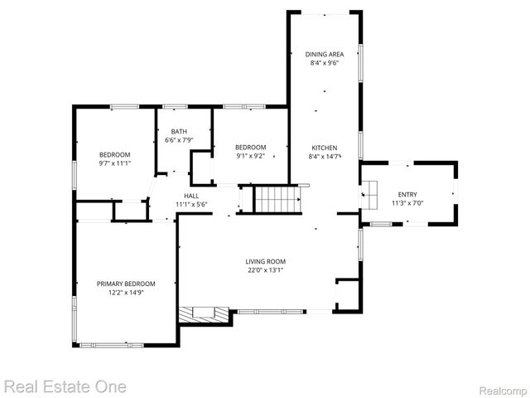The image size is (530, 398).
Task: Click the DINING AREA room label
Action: pyautogui.click(x=324, y=54)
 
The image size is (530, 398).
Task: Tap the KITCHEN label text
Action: pyautogui.click(x=324, y=148)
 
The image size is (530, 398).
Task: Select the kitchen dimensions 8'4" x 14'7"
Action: pyautogui.click(x=324, y=156)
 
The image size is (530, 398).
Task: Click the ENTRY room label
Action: pyautogui.click(x=407, y=195)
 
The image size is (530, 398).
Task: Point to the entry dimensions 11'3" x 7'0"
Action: pyautogui.click(x=407, y=203)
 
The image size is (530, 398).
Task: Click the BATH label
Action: pyautogui.click(x=179, y=132)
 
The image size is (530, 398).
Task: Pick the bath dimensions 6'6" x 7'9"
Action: pyautogui.click(x=179, y=140)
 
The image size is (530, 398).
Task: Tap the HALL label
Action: pyautogui.click(x=191, y=196)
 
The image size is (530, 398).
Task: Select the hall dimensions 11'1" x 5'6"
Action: pyautogui.click(x=191, y=204)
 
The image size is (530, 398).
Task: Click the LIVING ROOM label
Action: pyautogui.click(x=265, y=261)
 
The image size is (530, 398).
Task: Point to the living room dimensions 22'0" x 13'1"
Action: pyautogui.click(x=265, y=269)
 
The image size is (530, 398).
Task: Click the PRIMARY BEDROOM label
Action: pyautogui.click(x=126, y=284)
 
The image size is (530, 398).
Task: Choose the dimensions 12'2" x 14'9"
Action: pyautogui.click(x=126, y=292)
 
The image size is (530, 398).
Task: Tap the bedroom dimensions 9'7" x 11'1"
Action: pyautogui.click(x=115, y=163)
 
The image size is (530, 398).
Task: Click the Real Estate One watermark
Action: pyautogui.click(x=65, y=386)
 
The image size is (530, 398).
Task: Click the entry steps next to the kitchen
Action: pyautogui.click(x=369, y=193)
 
